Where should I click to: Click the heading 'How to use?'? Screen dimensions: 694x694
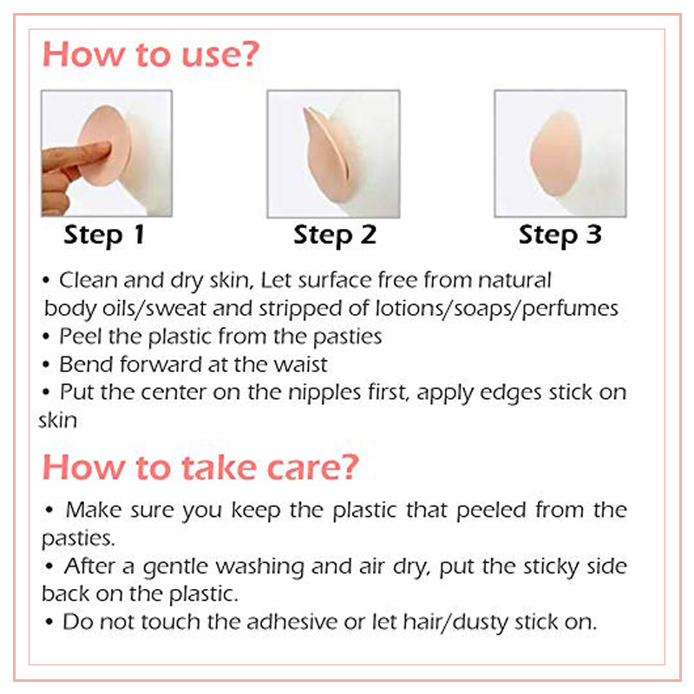click(x=150, y=55)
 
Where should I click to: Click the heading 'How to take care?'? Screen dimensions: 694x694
click(x=200, y=467)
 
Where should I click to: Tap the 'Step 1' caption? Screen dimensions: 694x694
click(x=104, y=235)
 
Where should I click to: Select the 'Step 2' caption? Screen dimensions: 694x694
click(x=335, y=235)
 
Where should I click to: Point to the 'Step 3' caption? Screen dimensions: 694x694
click(x=560, y=235)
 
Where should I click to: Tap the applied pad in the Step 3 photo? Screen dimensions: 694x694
click(x=556, y=154)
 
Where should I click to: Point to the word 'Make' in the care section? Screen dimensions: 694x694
click(x=94, y=510)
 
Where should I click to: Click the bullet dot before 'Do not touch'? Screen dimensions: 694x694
click(x=49, y=622)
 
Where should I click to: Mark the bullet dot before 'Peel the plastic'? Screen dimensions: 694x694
click(x=46, y=337)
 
